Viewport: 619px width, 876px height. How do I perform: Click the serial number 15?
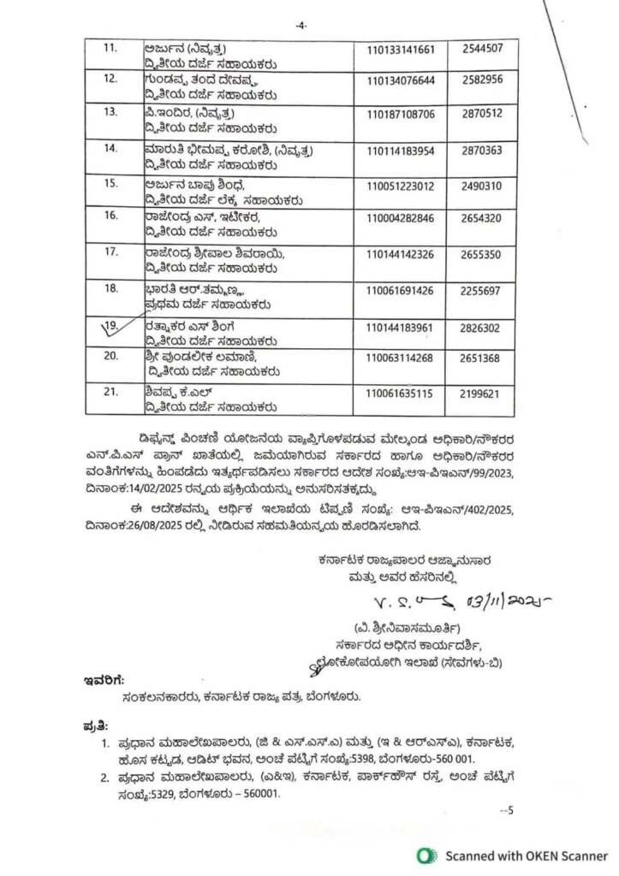pyautogui.click(x=110, y=183)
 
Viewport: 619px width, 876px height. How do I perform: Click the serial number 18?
pyautogui.click(x=110, y=289)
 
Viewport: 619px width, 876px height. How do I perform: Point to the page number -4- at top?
pyautogui.click(x=301, y=27)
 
